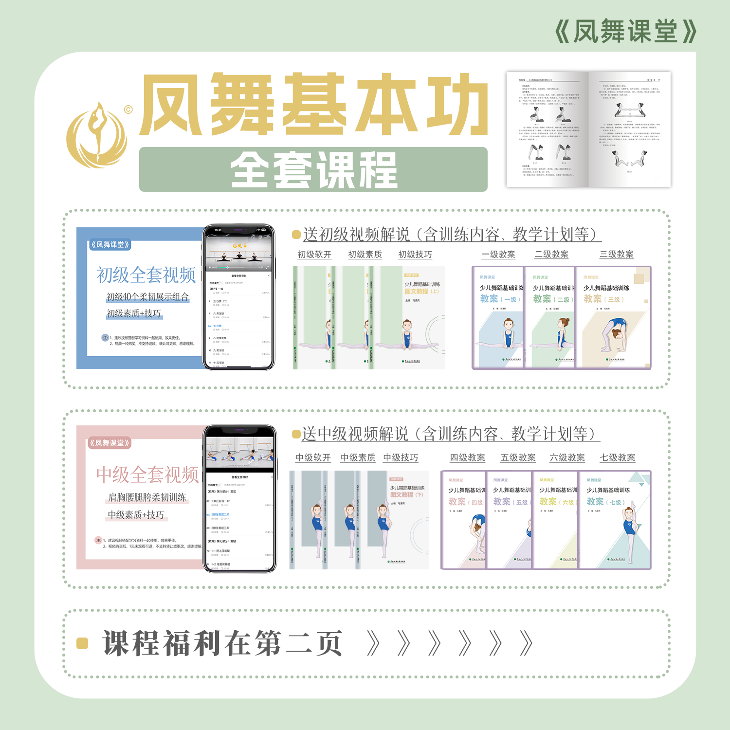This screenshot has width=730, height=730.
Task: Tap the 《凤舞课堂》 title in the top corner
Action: [x=626, y=32]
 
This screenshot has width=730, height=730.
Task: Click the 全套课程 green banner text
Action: [x=313, y=169]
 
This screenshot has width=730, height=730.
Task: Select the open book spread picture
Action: [x=588, y=129]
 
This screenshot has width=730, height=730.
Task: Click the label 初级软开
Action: [x=314, y=255]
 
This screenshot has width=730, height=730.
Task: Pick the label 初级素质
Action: [x=365, y=255]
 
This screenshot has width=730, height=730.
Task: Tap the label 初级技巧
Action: [x=415, y=255]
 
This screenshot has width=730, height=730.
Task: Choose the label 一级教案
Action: [x=498, y=255]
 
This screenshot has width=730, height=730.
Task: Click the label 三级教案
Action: [x=617, y=255]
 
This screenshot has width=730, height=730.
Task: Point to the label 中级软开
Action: [x=313, y=458]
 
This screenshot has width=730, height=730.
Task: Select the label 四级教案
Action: [x=467, y=458]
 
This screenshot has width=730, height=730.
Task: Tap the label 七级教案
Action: [x=618, y=458]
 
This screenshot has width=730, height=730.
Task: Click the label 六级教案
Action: [x=567, y=458]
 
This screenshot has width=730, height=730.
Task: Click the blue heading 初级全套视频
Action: [x=146, y=275]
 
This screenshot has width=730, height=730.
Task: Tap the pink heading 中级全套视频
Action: [x=147, y=474]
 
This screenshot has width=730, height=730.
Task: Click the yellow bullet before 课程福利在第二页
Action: [x=82, y=643]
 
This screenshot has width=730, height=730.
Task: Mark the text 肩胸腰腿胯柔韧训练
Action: [x=147, y=497]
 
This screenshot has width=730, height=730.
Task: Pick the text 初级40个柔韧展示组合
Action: [x=147, y=297]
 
